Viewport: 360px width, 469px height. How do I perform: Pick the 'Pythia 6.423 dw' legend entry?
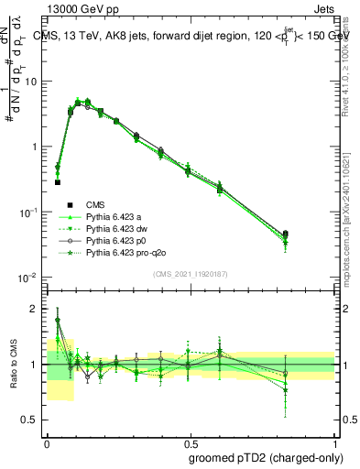[x=118, y=229]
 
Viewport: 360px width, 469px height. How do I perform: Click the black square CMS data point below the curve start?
[x=58, y=182]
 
